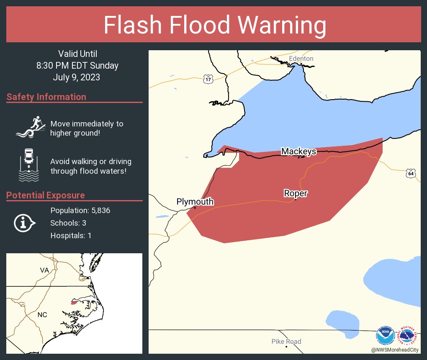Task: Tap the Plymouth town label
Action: click(x=195, y=202)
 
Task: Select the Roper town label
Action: click(x=296, y=193)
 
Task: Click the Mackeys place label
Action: click(x=298, y=151)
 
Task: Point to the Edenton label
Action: click(x=301, y=59)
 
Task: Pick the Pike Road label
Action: click(x=286, y=342)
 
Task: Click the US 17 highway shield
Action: click(x=208, y=79)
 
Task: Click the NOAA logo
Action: click(x=385, y=335)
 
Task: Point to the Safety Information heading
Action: click(x=46, y=97)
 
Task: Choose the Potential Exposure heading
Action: click(x=46, y=195)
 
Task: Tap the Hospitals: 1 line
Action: click(x=71, y=236)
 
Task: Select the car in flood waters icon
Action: click(x=29, y=165)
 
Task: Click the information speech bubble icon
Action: click(x=24, y=223)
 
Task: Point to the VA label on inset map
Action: click(x=44, y=270)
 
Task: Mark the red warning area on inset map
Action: click(x=75, y=302)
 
